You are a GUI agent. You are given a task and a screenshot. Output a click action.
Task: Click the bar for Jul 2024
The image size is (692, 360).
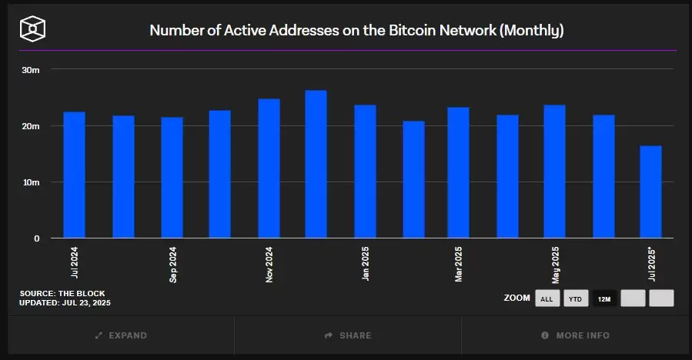coord(74,175)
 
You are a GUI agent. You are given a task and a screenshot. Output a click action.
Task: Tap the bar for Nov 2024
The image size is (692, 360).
coord(269,168)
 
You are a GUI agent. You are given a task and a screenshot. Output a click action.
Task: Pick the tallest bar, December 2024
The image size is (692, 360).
coord(316,164)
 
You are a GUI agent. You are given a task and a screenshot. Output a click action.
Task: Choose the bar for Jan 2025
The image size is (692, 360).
coord(365,172)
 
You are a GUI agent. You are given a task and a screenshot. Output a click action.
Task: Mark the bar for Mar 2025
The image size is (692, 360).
coord(458,172)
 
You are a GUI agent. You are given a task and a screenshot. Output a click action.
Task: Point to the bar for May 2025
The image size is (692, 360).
coord(554,172)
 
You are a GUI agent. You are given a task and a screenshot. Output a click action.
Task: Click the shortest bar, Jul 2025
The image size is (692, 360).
coord(650,192)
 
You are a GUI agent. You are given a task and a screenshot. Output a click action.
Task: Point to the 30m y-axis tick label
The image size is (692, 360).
coord(31,70)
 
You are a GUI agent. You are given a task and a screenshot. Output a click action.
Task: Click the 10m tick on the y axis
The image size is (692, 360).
coord(31,182)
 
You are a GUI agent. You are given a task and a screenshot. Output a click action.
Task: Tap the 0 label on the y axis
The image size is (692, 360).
coord(36,238)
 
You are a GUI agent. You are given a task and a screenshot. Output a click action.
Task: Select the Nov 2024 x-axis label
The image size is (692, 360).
coord(269,265)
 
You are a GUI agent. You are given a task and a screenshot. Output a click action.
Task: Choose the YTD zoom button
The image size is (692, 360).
coord(576,298)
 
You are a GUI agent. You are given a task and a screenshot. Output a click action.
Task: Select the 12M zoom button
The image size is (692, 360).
coord(604,298)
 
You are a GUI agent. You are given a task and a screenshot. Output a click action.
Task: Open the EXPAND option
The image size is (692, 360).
coord(121,335)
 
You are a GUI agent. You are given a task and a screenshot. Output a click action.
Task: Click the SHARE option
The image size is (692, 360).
coord(348,335)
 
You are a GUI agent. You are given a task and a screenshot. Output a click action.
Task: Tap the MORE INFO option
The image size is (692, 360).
coord(575,335)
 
